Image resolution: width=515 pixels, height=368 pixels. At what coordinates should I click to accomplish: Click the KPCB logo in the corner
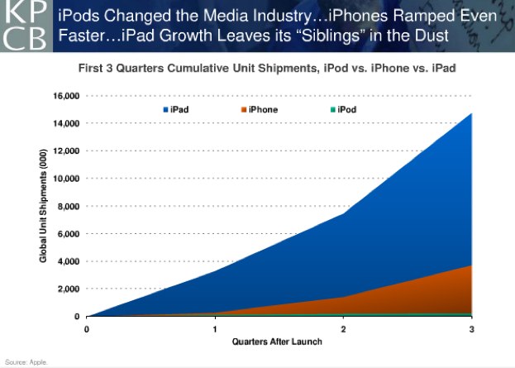24,26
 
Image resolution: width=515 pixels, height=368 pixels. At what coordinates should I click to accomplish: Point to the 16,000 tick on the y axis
65,96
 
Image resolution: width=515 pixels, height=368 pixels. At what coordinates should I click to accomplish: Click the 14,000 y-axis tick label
65,123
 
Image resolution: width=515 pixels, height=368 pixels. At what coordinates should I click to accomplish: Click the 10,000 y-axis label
65,179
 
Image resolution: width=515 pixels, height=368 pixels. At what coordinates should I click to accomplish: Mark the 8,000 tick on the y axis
68,206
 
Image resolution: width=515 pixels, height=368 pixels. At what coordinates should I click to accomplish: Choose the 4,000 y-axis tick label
68,261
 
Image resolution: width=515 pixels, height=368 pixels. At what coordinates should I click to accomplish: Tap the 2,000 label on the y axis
68,289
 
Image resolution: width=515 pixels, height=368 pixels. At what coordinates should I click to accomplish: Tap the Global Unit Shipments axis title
43,206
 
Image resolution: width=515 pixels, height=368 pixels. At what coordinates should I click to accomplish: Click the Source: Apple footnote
26,362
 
